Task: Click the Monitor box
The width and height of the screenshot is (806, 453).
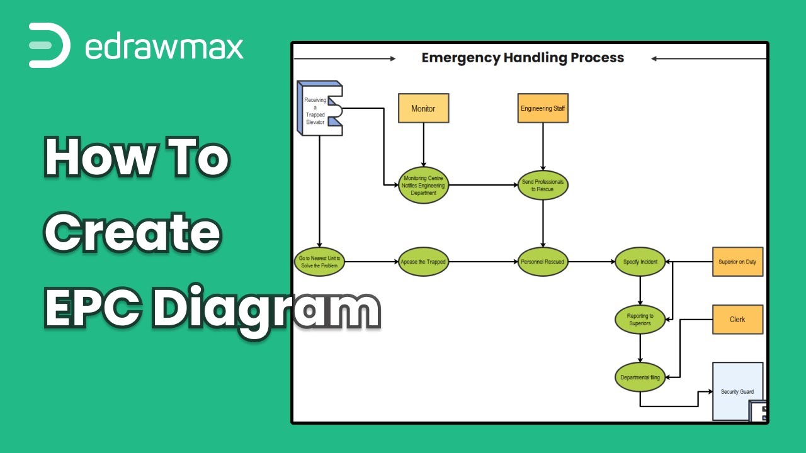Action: (x=424, y=108)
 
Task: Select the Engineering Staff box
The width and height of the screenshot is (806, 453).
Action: (x=543, y=108)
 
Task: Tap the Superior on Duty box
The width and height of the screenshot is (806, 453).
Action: (x=737, y=262)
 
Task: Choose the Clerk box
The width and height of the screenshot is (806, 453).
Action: (x=737, y=319)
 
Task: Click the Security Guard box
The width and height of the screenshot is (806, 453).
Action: (x=737, y=391)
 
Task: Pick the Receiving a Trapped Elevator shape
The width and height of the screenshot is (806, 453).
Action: (x=320, y=108)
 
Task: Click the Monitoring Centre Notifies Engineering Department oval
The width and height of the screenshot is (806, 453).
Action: (x=424, y=185)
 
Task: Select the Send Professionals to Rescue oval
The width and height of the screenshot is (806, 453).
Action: (x=543, y=185)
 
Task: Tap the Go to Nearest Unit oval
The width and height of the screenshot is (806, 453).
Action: (x=319, y=262)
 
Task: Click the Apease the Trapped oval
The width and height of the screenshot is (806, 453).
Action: (x=424, y=262)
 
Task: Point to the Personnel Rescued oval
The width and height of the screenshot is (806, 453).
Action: (x=543, y=262)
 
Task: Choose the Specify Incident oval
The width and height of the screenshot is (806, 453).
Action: (x=640, y=262)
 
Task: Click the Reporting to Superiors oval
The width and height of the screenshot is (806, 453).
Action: (x=640, y=319)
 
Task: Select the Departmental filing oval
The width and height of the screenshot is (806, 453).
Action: (x=640, y=377)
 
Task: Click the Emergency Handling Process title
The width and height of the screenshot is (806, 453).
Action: (x=523, y=58)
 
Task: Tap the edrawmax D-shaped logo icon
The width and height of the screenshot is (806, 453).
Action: (x=49, y=45)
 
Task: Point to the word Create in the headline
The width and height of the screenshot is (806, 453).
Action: (x=132, y=232)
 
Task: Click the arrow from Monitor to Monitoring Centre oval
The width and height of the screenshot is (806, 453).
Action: (x=424, y=145)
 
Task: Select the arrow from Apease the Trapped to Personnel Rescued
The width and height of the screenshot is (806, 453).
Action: (x=483, y=262)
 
